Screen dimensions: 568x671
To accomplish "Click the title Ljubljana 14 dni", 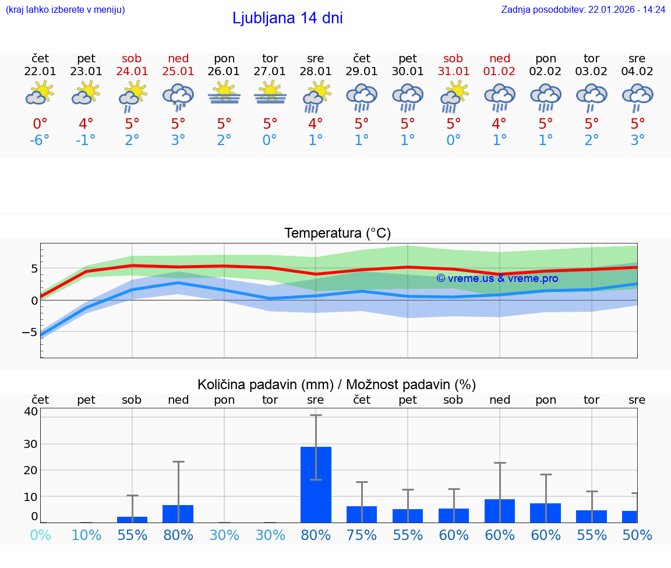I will (x=287, y=18).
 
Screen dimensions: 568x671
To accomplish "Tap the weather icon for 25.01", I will (x=178, y=96).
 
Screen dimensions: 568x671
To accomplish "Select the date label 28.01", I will (x=316, y=72).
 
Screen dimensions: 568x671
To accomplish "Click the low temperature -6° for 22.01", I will (x=40, y=140).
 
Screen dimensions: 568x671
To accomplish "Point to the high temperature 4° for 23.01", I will (x=86, y=124).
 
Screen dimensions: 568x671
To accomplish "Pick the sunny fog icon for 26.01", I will (x=224, y=93).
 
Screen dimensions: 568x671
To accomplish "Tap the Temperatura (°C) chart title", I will (x=337, y=233).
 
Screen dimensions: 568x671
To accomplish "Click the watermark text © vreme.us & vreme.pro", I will (x=497, y=278).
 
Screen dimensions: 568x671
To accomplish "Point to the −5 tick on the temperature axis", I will (x=29, y=332).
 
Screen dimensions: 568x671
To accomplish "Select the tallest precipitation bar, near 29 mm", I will (x=316, y=484).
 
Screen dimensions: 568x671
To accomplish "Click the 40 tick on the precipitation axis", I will (x=30, y=411).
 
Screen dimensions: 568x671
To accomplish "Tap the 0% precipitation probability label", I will (x=40, y=535).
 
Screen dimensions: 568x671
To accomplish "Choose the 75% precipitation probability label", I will (x=362, y=535).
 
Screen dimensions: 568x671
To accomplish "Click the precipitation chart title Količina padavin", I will (x=337, y=384).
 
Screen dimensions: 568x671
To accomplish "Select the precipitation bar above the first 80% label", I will (x=178, y=513).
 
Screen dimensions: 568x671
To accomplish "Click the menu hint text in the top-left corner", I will (x=65, y=9).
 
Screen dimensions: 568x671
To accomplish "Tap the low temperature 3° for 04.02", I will (x=638, y=140).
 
